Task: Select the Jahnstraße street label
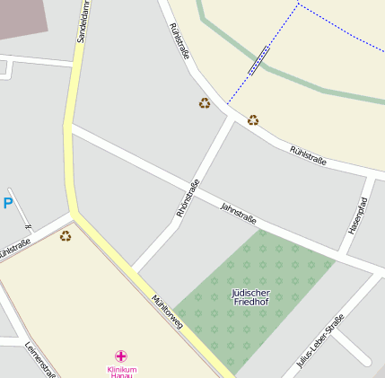239,214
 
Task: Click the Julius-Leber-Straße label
320,341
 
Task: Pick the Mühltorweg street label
168,310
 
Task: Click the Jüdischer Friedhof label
250,298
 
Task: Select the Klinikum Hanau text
121,373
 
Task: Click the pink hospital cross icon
121,356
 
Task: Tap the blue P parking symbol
8,204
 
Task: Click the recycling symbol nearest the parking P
66,236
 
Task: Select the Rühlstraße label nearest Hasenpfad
308,155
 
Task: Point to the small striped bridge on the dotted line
258,60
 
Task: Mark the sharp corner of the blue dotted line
298,4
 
